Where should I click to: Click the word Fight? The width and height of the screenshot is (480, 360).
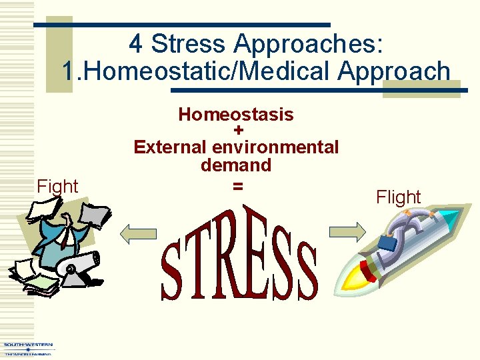pyautogui.click(x=58, y=187)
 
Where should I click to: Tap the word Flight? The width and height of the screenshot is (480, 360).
pyautogui.click(x=399, y=197)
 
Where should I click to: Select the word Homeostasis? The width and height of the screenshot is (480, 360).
pyautogui.click(x=236, y=115)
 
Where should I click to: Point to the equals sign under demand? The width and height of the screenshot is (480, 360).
pyautogui.click(x=237, y=187)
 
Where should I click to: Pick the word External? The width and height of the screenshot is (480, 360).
pyautogui.click(x=171, y=147)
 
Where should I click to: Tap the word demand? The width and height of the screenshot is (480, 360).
pyautogui.click(x=236, y=165)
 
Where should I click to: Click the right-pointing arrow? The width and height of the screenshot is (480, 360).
pyautogui.click(x=347, y=231)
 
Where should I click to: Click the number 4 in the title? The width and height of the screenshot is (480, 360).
pyautogui.click(x=136, y=44)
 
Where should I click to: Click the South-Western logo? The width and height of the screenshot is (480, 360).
pyautogui.click(x=27, y=349)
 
